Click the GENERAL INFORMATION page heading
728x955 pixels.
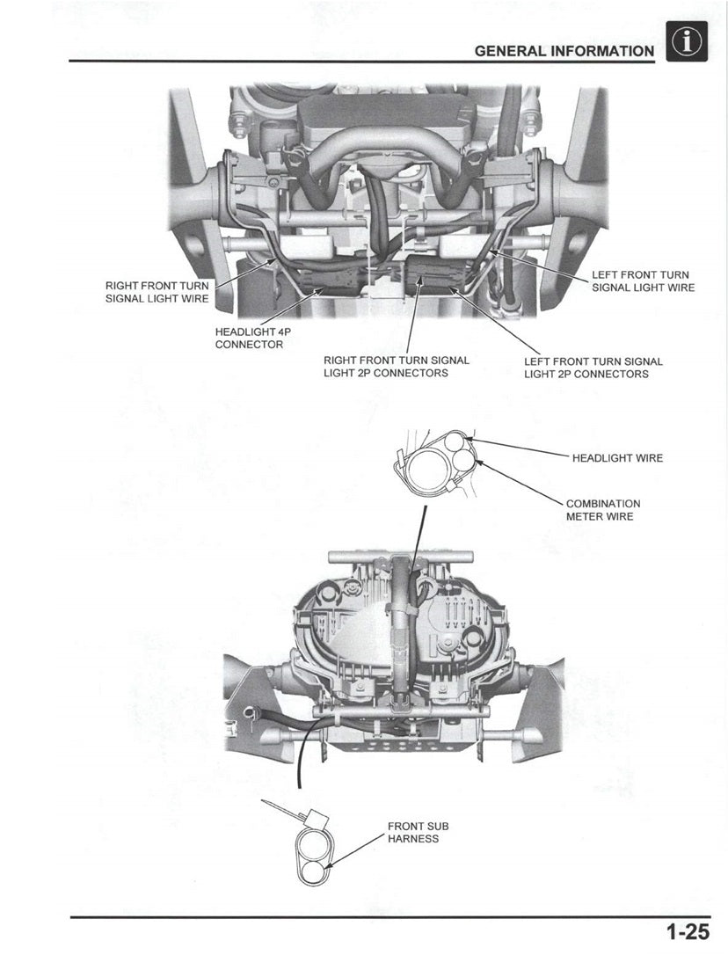click(x=564, y=51)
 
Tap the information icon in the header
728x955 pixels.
click(x=688, y=42)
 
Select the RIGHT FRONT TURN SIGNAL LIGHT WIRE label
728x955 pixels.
click(x=157, y=292)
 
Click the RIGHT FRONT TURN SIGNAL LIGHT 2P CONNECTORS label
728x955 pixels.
click(x=397, y=367)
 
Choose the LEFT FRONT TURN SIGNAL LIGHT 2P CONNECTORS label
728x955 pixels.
click(x=593, y=368)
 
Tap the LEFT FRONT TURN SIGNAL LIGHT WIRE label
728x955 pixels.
click(x=643, y=281)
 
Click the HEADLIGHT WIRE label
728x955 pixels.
click(x=617, y=458)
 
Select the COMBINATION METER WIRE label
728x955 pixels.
click(x=603, y=510)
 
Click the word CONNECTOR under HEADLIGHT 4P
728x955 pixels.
click(x=249, y=344)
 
